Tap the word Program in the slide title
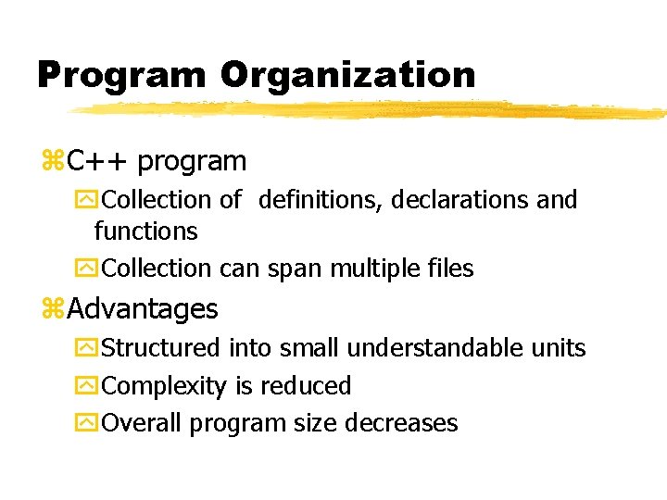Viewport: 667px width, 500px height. (120, 74)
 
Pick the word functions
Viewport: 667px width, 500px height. (145, 231)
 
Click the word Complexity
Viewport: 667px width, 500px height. (164, 385)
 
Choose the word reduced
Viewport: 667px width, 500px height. (306, 385)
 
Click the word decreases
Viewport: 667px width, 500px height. (401, 423)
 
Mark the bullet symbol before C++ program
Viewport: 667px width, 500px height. (52, 162)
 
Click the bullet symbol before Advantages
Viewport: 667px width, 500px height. (52, 308)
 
